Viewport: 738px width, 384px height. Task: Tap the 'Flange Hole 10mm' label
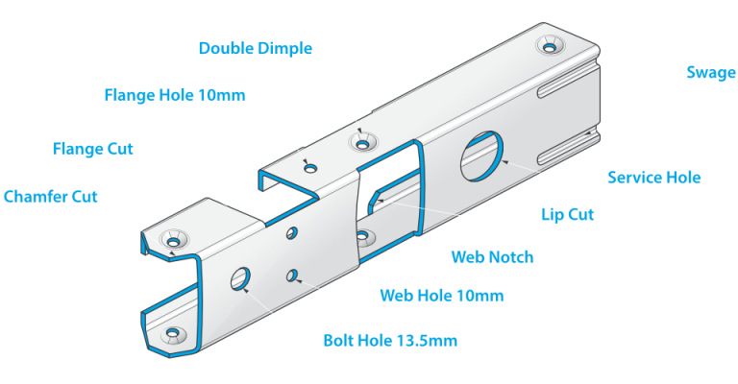(x=175, y=95)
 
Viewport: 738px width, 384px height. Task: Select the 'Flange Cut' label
(x=93, y=149)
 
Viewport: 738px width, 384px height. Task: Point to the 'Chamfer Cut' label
(x=50, y=197)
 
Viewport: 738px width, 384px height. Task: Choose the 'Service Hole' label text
(x=653, y=178)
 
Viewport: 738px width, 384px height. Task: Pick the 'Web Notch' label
(x=492, y=257)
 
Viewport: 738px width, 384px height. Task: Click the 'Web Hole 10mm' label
(x=441, y=295)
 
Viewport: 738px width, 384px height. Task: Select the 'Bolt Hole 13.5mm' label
(x=389, y=341)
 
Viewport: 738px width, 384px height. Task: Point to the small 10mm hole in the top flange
(x=309, y=168)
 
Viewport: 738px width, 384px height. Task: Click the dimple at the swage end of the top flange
(x=550, y=45)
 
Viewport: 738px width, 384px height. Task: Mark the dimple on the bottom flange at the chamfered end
(x=172, y=334)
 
